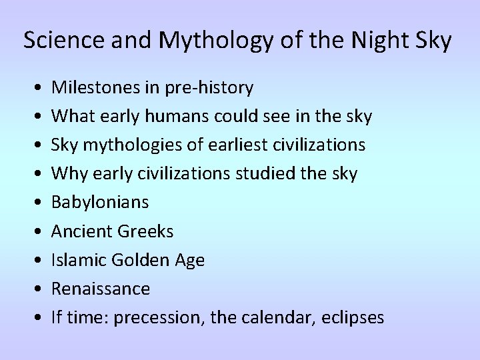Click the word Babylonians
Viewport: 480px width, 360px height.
click(x=100, y=202)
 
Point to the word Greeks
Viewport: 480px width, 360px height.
click(x=145, y=231)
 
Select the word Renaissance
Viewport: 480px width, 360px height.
click(x=101, y=289)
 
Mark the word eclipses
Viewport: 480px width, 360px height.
click(x=353, y=317)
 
